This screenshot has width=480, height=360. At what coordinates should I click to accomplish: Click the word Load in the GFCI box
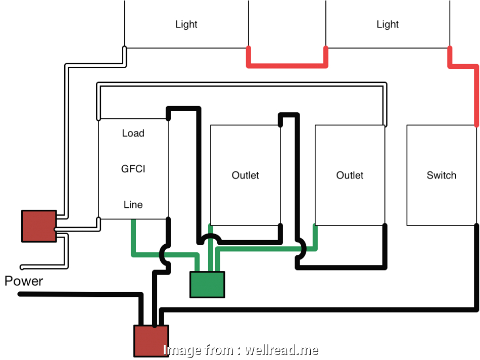133,133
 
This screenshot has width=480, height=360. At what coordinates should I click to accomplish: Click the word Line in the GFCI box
133,205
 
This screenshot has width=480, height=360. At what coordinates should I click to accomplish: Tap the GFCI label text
133,169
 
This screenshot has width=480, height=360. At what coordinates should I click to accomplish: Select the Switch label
441,175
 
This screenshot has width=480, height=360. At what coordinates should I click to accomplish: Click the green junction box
207,284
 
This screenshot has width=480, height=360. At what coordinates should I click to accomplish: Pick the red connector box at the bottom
151,340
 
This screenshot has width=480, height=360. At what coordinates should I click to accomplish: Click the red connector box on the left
39,226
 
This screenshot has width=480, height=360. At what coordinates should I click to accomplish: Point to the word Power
24,281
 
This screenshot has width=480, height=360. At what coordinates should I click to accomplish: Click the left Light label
186,24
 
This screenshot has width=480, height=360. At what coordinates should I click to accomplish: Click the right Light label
388,24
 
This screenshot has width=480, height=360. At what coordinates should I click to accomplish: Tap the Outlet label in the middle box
245,175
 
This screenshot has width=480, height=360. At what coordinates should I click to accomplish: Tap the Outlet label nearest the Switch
350,175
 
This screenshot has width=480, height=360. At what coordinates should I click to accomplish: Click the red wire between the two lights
286,65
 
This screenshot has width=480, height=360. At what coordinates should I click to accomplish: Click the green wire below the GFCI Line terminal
134,238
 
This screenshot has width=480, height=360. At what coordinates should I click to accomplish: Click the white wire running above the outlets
243,84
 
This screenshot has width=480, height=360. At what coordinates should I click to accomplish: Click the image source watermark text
241,350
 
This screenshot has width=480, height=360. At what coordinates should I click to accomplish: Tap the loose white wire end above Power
23,267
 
